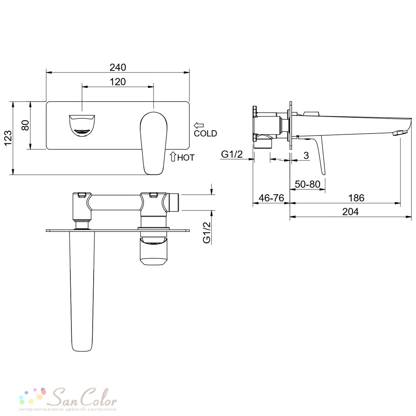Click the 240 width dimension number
pyautogui.click(x=118, y=68)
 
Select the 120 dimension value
pyautogui.click(x=118, y=82)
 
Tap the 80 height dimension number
pyautogui.click(x=25, y=125)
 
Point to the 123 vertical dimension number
pyautogui.click(x=8, y=138)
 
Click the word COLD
pyautogui.click(x=206, y=134)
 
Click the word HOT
pyautogui.click(x=186, y=158)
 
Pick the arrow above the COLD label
pyautogui.click(x=199, y=125)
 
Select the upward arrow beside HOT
pyautogui.click(x=173, y=156)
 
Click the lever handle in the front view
pyautogui.click(x=154, y=143)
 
